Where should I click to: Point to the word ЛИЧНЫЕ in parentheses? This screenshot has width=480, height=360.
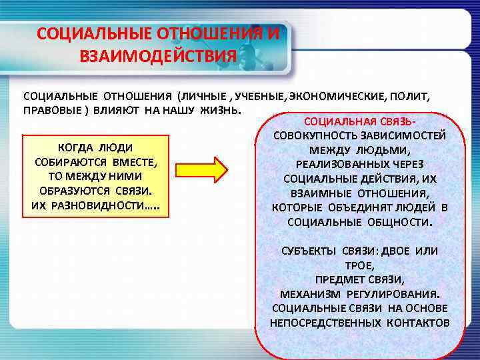click(x=205, y=96)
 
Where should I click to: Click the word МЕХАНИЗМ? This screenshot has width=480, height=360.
click(x=311, y=293)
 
